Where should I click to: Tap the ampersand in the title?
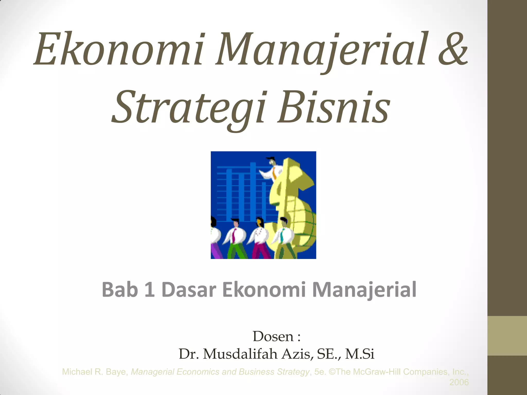(x=453, y=49)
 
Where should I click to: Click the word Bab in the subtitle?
(x=120, y=290)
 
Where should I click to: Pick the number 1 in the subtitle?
(x=150, y=290)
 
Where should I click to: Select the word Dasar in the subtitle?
(x=189, y=290)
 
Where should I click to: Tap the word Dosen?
(x=273, y=337)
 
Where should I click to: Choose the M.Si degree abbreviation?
(x=359, y=354)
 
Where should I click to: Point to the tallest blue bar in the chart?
(x=253, y=192)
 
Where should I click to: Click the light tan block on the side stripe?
(x=507, y=336)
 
